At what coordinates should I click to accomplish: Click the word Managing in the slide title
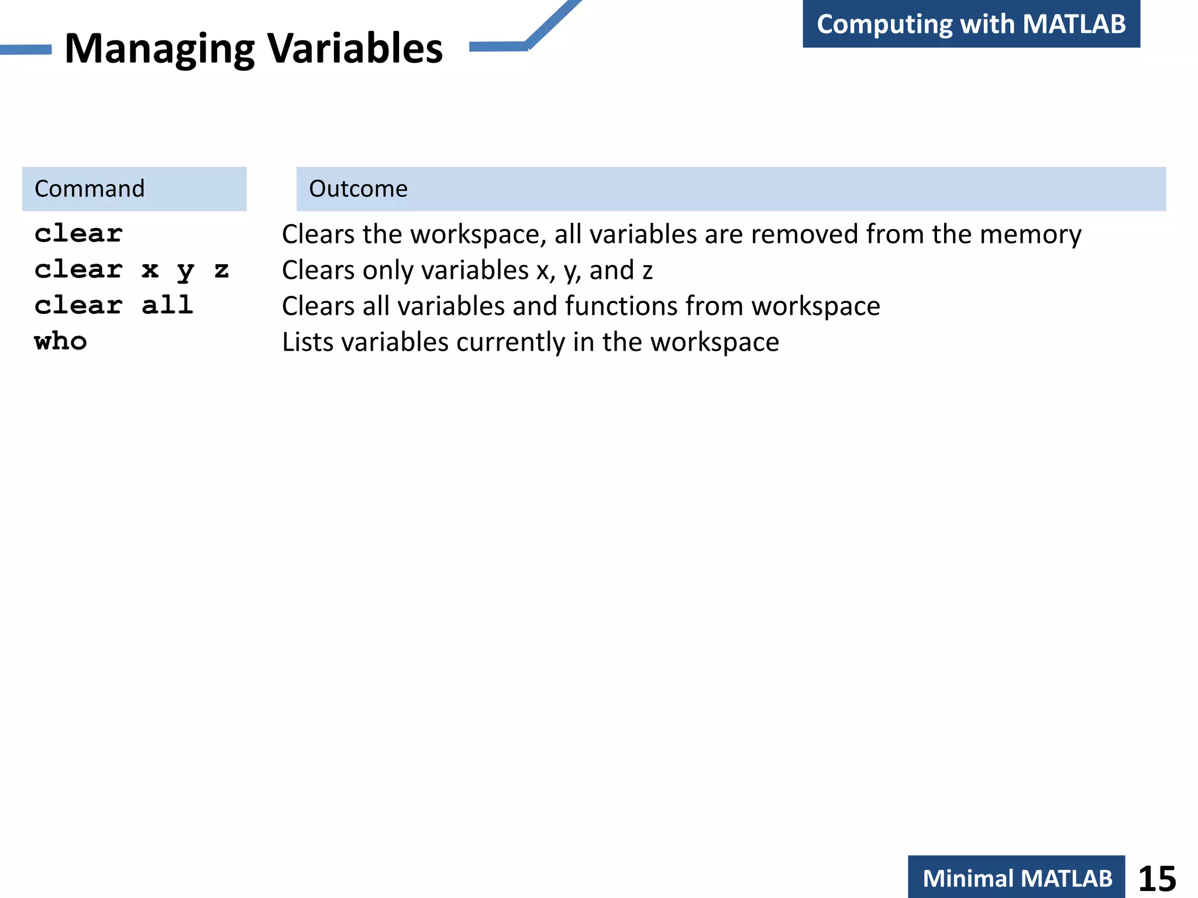click(159, 49)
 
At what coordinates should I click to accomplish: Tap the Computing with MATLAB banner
click(971, 24)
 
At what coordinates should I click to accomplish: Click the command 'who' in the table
click(61, 341)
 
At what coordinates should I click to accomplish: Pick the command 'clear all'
click(114, 305)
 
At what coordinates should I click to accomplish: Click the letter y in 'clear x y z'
click(185, 270)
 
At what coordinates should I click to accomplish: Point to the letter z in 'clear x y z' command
click(221, 270)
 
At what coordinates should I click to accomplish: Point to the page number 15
click(1157, 878)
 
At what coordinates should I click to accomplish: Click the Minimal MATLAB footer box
click(1017, 878)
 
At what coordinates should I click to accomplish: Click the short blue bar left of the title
click(26, 50)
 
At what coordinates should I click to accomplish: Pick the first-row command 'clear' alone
click(79, 234)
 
